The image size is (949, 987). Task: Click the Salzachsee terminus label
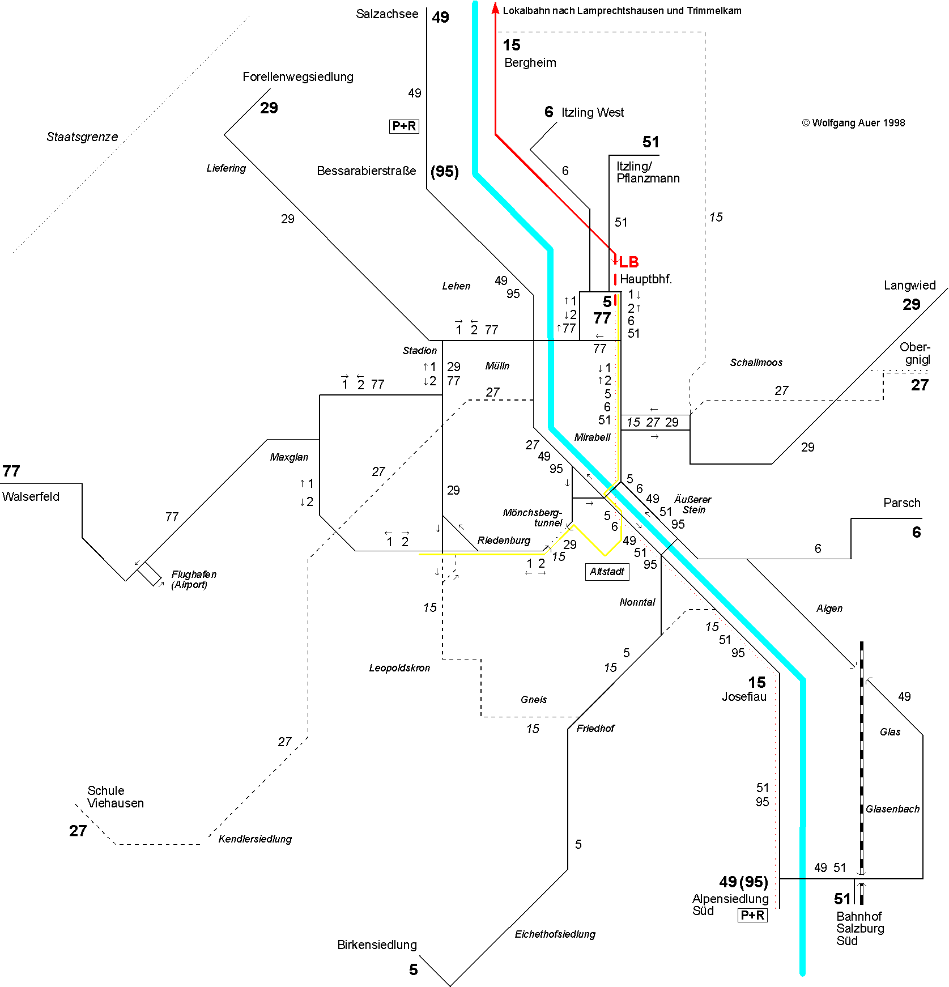[387, 14]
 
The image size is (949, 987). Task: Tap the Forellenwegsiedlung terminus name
[297, 77]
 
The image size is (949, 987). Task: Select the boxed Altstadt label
[607, 572]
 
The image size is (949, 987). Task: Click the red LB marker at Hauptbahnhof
[628, 262]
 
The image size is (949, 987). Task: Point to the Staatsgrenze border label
[82, 137]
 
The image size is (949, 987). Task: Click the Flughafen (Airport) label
[193, 580]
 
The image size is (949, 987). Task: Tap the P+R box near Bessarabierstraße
[404, 126]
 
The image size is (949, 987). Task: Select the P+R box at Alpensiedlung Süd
[752, 915]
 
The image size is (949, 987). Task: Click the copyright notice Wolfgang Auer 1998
[853, 123]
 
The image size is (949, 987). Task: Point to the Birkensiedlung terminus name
[377, 945]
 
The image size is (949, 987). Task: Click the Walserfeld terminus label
[31, 497]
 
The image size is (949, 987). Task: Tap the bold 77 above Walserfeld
[11, 471]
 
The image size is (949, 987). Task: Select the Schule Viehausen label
[116, 797]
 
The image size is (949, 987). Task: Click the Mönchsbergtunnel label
[533, 517]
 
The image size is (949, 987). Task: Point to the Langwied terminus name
[909, 286]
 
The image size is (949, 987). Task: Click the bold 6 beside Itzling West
[548, 112]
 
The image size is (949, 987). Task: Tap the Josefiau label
[744, 697]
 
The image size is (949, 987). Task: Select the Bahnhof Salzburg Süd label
[859, 928]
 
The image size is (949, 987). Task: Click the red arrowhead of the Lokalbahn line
[495, 8]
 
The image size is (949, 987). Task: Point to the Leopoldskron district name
[399, 668]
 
